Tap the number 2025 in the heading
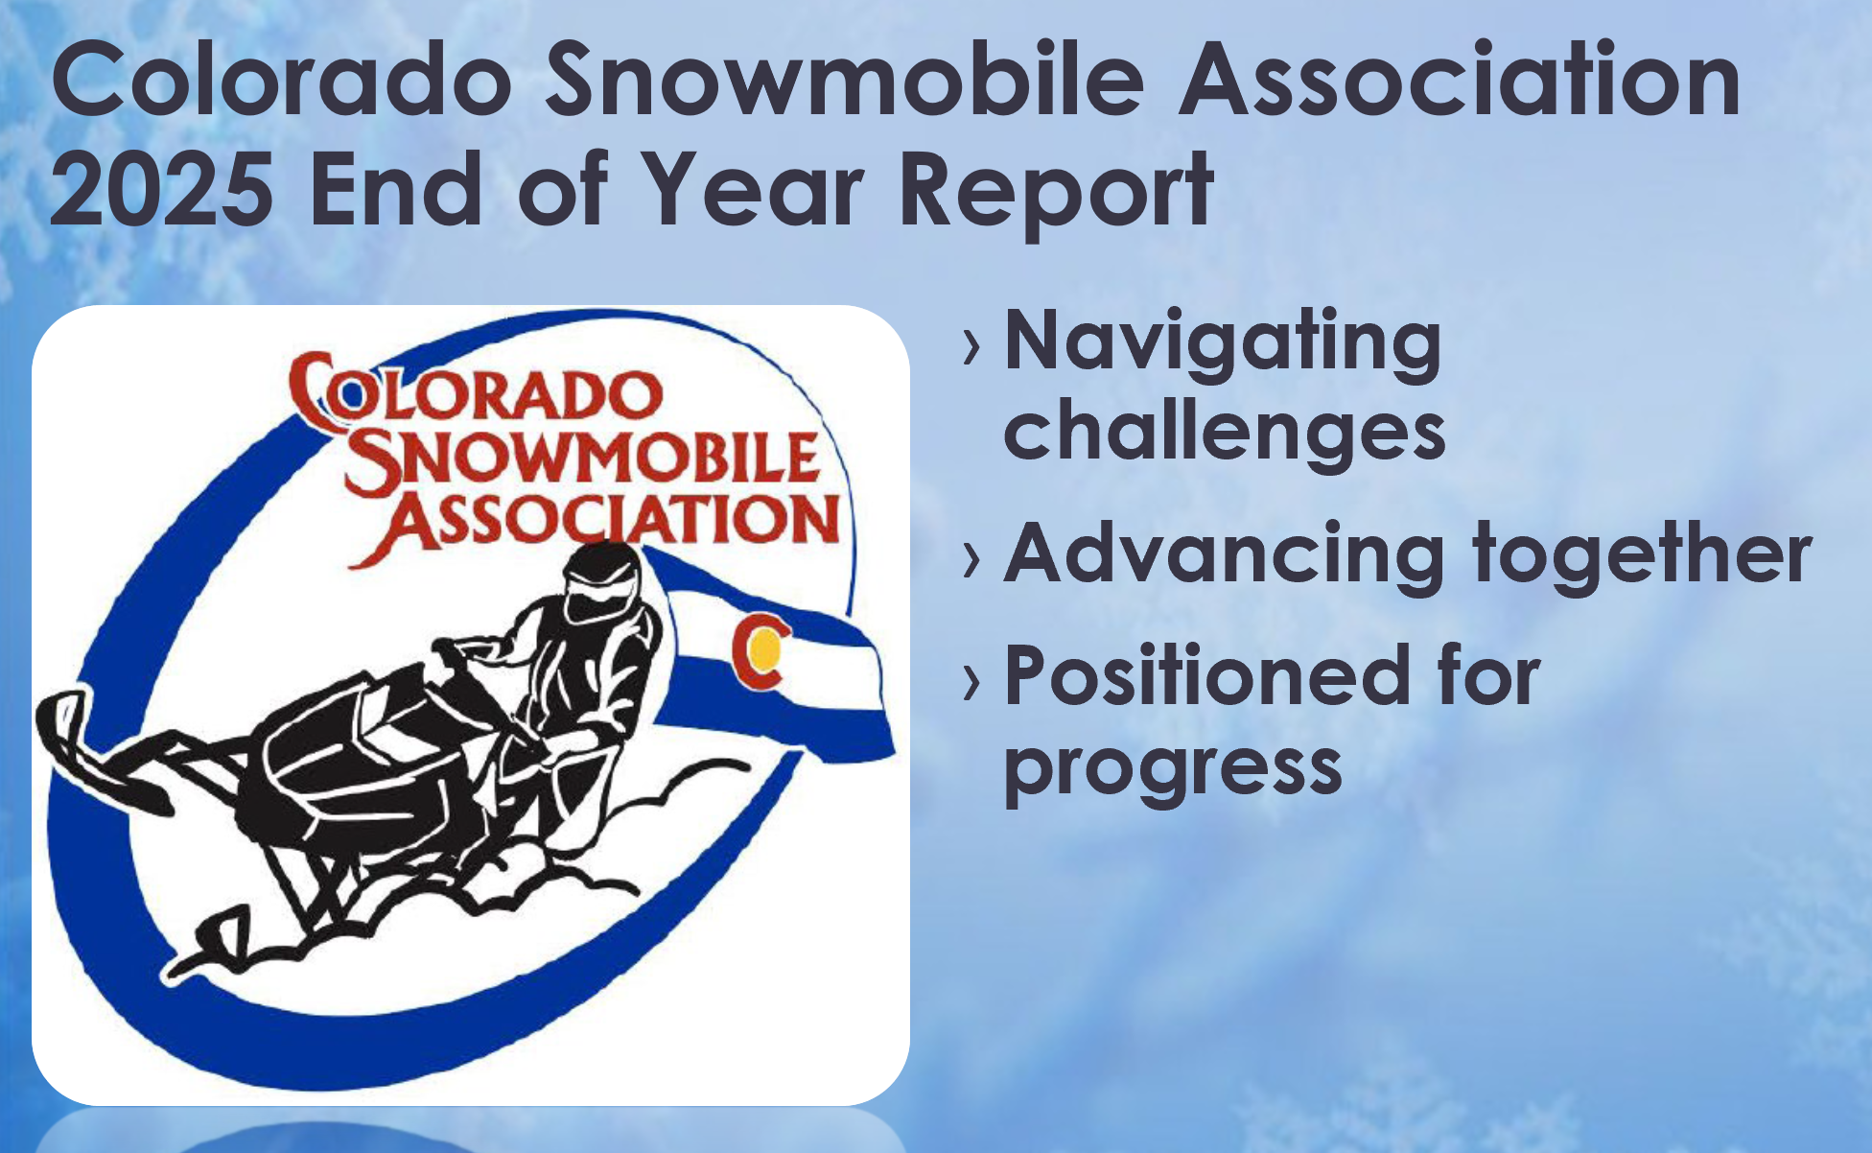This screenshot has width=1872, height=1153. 161,189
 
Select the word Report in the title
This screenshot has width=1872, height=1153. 1056,193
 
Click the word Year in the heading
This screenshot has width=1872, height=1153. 753,189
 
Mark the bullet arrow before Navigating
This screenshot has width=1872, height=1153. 972,347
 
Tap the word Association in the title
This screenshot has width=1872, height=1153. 1460,81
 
